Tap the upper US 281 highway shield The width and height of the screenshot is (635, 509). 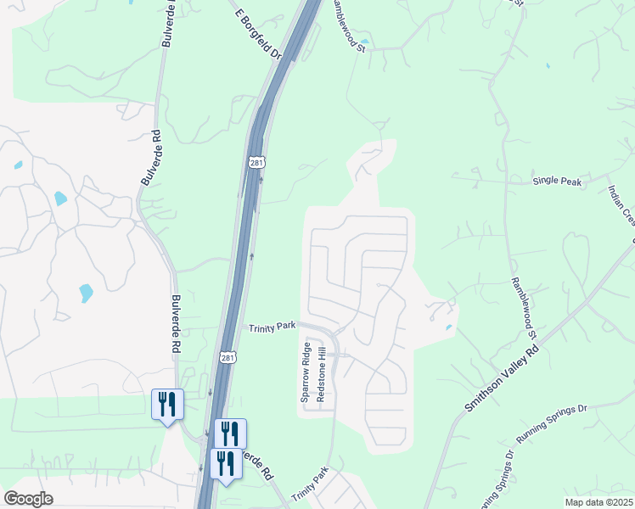click(258, 162)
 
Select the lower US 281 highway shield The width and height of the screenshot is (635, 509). click(226, 359)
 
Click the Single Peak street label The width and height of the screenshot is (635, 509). click(557, 182)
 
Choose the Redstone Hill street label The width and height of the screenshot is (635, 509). click(321, 374)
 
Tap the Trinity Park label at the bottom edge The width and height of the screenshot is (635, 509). click(310, 485)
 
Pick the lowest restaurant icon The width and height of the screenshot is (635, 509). click(226, 464)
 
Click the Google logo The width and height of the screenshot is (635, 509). click(28, 499)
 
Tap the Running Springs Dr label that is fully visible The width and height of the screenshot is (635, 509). click(552, 424)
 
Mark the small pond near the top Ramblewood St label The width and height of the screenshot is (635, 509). click(365, 42)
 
